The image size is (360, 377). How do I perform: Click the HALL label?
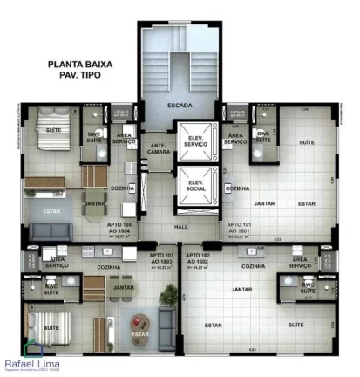pos(180,226)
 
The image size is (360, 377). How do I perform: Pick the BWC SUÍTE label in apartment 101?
pos(262,137)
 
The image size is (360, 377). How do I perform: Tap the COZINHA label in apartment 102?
pos(254,266)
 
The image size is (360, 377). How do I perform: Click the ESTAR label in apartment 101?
pos(306,203)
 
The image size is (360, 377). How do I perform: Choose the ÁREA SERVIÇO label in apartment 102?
pos(300,262)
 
